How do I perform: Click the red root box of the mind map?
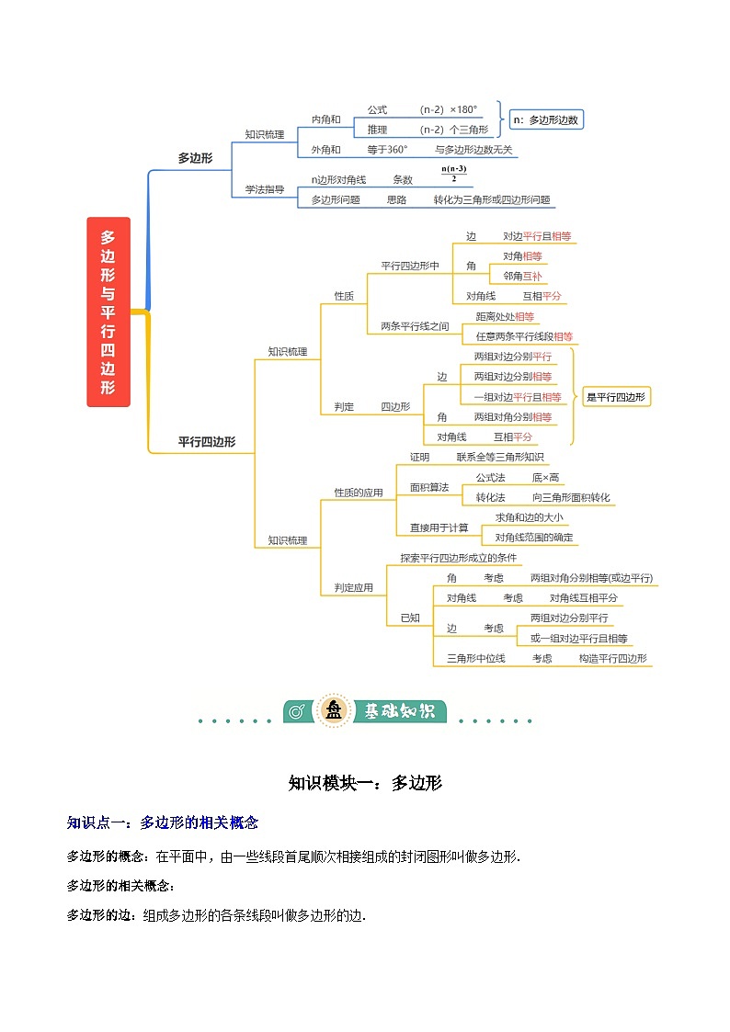108,312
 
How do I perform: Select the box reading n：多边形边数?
547,119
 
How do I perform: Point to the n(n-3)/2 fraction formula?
454,174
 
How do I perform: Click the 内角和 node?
325,119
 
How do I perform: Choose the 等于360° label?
387,150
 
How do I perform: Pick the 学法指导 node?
264,190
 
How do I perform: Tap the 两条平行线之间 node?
415,325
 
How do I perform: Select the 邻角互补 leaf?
522,276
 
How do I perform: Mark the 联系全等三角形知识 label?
500,457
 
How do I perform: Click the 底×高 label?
545,477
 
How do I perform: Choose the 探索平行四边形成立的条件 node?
458,558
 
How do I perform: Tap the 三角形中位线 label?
475,658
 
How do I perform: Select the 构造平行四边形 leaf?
612,658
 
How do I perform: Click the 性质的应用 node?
358,493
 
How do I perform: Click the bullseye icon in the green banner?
296,711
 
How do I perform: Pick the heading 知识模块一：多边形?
365,783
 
